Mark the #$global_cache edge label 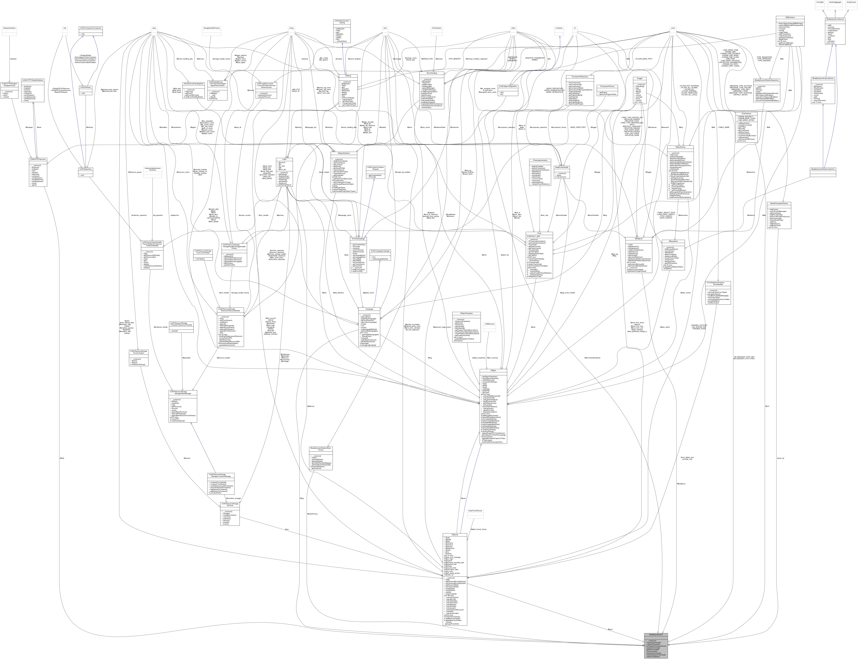(368, 293)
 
